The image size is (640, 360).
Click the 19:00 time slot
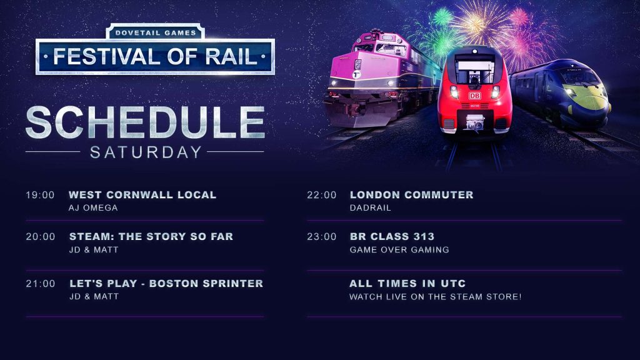click(x=40, y=195)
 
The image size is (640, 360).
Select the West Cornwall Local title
click(x=142, y=195)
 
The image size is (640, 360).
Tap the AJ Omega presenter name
click(x=93, y=207)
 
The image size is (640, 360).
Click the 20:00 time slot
click(x=41, y=237)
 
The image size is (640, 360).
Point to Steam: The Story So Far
click(x=151, y=236)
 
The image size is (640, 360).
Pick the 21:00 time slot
click(x=41, y=284)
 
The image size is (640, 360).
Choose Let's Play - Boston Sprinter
click(x=166, y=283)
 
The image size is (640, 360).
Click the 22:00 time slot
click(x=322, y=195)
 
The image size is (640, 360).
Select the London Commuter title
click(x=411, y=195)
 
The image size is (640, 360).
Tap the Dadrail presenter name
click(x=370, y=207)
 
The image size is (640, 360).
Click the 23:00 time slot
click(x=322, y=237)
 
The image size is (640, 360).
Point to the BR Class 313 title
click(x=392, y=236)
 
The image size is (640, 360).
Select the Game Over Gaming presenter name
click(x=399, y=250)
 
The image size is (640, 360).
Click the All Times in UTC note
click(x=407, y=283)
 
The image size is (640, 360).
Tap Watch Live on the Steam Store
click(x=435, y=297)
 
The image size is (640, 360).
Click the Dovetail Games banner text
click(x=156, y=32)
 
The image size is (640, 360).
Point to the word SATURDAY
click(x=146, y=152)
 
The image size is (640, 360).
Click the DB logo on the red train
click(x=474, y=96)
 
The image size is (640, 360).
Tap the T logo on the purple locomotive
click(x=356, y=75)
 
